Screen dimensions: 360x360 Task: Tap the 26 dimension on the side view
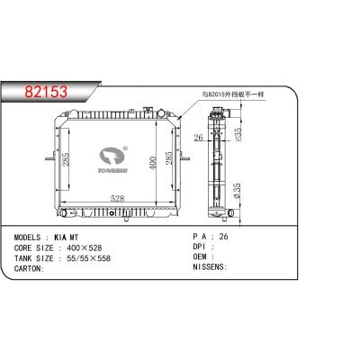tap(199, 137)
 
